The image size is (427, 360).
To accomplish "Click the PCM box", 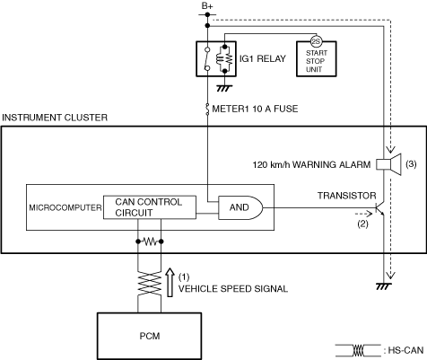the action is click(149, 336).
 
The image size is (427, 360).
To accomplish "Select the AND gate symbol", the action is click(240, 207).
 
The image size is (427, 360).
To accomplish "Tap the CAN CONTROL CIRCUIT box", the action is click(150, 207).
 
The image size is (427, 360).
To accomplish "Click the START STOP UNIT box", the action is click(317, 59).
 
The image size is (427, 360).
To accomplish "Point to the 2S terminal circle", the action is click(316, 41).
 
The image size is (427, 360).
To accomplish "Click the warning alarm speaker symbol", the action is click(388, 164).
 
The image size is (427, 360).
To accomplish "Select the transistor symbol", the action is click(379, 208).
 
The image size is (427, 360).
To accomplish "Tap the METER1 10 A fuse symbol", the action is click(207, 109).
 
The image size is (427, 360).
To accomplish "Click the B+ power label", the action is click(207, 5).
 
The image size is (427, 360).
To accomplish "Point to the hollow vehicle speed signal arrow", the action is click(170, 282).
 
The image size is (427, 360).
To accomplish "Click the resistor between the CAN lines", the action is click(150, 241).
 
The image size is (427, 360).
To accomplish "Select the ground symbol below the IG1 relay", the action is click(224, 88).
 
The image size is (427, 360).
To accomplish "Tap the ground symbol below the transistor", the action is click(383, 286).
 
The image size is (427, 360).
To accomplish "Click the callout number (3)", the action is click(411, 164).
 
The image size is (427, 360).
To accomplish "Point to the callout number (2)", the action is click(363, 224).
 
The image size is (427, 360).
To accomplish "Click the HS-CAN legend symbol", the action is click(358, 350).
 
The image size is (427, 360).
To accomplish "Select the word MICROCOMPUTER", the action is click(65, 207).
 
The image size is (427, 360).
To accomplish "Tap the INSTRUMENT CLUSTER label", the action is click(55, 118).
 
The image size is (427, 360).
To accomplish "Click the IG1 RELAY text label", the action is click(263, 58).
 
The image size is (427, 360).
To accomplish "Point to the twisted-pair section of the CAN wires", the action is click(149, 284).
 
